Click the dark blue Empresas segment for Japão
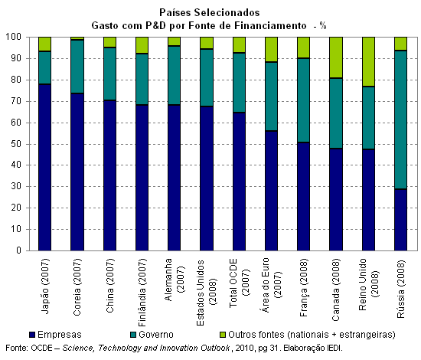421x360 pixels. point(45,167)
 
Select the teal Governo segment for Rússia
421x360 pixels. point(400,119)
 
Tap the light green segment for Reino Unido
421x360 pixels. point(368,61)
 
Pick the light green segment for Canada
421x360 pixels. point(336,57)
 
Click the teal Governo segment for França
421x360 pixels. point(303,100)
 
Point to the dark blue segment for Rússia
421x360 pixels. point(400,220)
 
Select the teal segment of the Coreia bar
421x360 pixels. point(77,67)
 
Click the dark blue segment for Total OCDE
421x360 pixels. point(239,182)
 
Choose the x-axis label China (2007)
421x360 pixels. point(109,286)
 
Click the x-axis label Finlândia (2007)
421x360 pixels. point(142,293)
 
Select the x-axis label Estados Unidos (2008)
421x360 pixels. point(206,293)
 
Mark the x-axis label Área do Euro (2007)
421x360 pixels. point(271,285)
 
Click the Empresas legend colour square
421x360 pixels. point(32,335)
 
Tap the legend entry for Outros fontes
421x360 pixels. point(308,335)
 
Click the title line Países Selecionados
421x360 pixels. point(210,12)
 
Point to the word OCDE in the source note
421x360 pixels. point(41,349)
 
